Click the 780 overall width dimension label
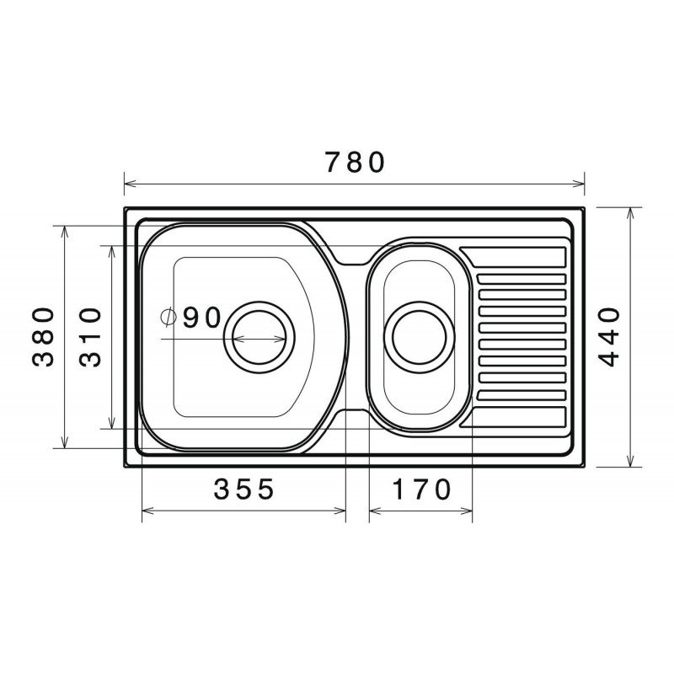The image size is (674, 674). pos(355,162)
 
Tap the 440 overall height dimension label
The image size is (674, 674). pos(609,336)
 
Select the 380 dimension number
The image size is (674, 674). pos(44,336)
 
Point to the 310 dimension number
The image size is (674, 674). pos(90,337)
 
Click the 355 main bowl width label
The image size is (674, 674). pos(243,489)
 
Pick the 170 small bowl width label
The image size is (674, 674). pos(422,489)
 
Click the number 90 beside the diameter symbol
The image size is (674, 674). pos(201,318)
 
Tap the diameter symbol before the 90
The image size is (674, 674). pos(168,318)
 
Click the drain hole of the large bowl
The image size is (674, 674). pos(259,338)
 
